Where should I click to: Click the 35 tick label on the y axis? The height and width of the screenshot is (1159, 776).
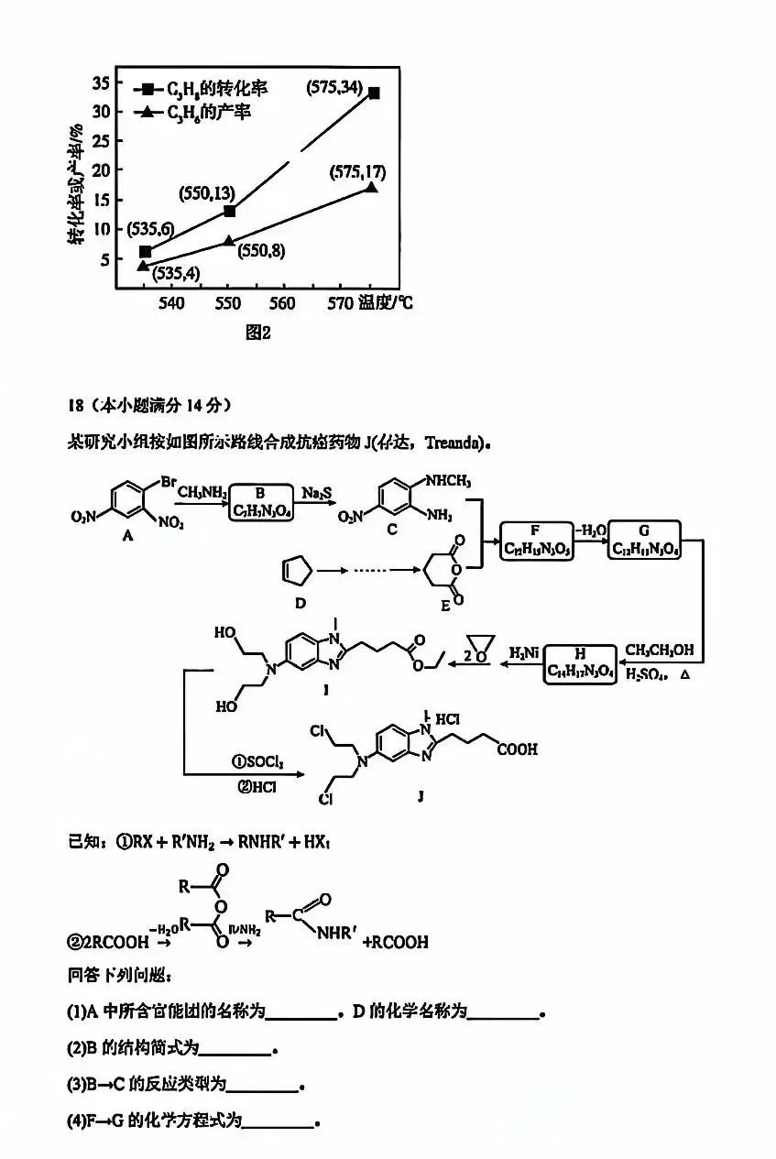pos(99,83)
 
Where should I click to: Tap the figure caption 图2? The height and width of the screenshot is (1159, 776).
pos(259,333)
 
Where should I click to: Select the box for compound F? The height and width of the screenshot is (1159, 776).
pos(536,541)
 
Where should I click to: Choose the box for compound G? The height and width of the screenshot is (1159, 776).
pos(646,541)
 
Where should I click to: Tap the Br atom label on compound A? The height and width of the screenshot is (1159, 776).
pos(169,481)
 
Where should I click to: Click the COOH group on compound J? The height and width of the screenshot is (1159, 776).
pos(518,750)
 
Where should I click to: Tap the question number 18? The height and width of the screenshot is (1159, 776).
pos(76,404)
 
